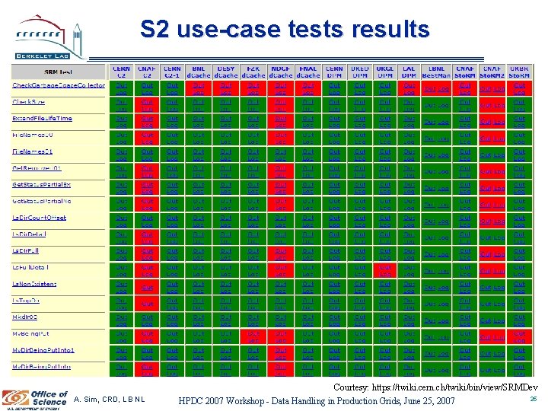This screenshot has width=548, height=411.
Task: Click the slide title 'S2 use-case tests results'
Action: pos(285,30)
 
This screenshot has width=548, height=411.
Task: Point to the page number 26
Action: pos(533,397)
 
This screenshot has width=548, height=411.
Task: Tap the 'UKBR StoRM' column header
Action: pos(519,72)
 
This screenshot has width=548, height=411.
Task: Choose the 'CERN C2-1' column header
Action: pos(172,72)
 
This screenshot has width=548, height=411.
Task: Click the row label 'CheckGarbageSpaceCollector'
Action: pos(59,86)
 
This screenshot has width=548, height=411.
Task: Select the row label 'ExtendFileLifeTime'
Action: pos(53,119)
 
